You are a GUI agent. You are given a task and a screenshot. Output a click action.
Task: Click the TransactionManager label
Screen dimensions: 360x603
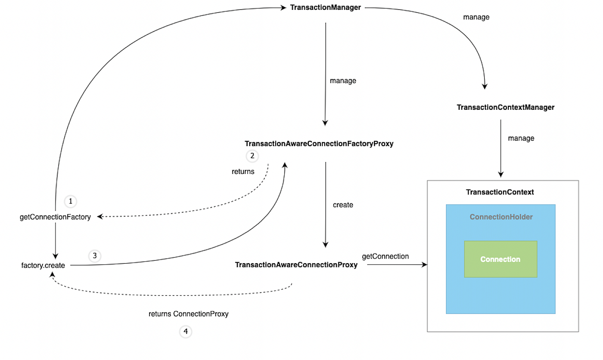coord(325,7)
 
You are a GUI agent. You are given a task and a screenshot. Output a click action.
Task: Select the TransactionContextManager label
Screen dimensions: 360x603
coord(505,107)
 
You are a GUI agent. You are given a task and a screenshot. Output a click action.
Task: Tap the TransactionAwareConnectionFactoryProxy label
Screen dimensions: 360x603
coord(319,144)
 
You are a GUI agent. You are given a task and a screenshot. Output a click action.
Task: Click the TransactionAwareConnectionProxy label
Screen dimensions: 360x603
coord(296,265)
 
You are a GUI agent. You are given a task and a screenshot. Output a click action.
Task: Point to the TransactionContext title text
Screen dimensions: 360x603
coord(500,192)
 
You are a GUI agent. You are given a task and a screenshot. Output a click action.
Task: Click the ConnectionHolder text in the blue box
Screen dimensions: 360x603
coord(501,217)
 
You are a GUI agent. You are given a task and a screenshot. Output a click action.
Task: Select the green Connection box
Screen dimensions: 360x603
coord(500,259)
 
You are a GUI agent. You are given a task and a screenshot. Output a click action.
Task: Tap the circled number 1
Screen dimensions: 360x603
coord(70,201)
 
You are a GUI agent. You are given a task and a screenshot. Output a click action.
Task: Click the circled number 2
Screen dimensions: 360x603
coord(252,156)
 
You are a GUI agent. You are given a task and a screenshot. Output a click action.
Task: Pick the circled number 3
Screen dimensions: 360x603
coord(95,256)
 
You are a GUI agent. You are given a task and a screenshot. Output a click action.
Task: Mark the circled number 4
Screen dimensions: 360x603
coord(186,332)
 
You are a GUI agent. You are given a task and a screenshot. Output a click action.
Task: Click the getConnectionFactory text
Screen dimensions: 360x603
coord(55,217)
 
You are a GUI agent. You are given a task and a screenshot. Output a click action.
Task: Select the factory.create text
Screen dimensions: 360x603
coord(43,265)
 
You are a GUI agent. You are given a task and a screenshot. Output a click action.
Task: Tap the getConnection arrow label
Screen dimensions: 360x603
coord(385,256)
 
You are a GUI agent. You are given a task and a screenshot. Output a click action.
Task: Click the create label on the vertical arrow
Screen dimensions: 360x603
coord(343,205)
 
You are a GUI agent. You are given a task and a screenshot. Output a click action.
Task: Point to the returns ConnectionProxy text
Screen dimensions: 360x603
coord(188,314)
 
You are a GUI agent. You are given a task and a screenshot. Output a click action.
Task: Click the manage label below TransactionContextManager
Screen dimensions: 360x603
coord(521,138)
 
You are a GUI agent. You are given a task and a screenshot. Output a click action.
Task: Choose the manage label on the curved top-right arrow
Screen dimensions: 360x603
coord(476,17)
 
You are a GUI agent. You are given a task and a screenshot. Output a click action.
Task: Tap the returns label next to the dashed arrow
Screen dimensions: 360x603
coord(243,171)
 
